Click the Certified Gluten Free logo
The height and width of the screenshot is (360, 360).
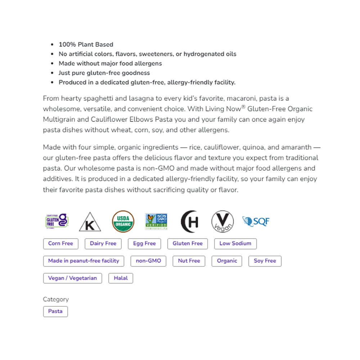pos(57,221)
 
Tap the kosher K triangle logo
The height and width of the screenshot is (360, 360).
pos(90,222)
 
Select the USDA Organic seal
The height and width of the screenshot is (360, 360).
pos(123,221)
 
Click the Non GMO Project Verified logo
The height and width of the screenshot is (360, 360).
pos(156,221)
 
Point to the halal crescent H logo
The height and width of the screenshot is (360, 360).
pos(190,221)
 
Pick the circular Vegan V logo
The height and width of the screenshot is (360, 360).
pos(222,221)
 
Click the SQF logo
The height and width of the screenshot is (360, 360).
pos(256,221)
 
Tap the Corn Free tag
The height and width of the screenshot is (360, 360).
pos(60,244)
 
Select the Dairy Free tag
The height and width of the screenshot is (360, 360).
pos(103,244)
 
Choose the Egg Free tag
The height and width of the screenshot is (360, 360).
pos(144,244)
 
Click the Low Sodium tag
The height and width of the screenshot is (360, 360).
pos(235,244)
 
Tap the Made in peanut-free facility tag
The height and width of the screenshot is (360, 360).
pos(84,261)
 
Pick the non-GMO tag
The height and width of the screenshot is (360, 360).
pos(148,261)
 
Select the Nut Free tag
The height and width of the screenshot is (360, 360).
pos(189,261)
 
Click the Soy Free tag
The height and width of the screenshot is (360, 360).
pos(265,261)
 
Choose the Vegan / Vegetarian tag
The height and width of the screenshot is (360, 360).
pos(72,278)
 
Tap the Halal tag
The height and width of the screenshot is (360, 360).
pos(121,278)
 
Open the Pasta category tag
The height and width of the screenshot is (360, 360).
pos(55,311)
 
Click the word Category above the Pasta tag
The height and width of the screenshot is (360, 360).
pos(56,299)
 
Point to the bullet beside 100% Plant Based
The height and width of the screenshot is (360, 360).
pos(53,45)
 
